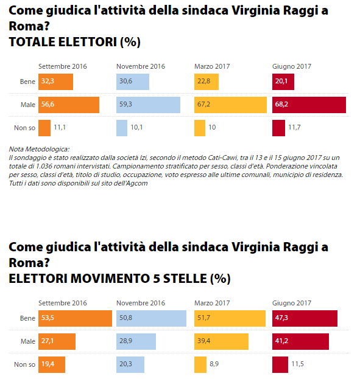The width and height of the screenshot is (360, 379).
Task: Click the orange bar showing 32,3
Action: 55,82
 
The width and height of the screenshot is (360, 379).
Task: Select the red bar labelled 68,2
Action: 309,105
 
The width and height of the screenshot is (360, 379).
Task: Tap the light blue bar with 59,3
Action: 148,105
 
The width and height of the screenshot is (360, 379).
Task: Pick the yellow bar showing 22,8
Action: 206,82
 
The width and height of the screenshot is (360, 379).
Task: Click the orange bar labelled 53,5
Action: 75,318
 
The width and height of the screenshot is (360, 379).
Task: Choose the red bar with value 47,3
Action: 305,318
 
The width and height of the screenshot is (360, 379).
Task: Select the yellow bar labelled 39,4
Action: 221,341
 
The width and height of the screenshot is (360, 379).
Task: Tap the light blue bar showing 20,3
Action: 130,364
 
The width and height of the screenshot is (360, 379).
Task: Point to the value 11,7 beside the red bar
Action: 294,127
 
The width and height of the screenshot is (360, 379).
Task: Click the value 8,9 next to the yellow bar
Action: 214,364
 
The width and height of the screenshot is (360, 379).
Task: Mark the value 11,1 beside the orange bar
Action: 60,127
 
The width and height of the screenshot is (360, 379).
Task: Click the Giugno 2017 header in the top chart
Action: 292,66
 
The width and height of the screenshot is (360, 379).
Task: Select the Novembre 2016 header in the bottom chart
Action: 141,303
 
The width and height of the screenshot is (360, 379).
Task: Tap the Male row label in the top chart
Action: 28,105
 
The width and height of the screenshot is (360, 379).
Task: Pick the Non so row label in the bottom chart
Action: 25,364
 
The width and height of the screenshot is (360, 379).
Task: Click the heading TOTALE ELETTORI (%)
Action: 74,42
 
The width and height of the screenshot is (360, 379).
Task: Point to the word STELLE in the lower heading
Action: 185,279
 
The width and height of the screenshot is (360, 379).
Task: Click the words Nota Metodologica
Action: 39,149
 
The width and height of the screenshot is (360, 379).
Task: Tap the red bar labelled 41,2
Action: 300,341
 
